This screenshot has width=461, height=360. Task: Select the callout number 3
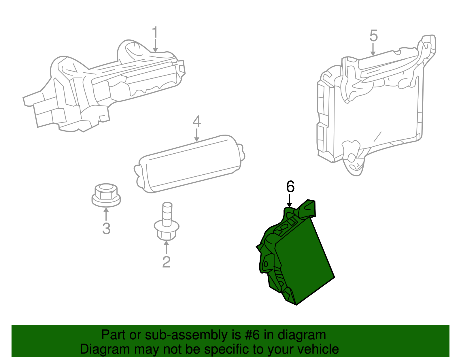[x=106, y=229]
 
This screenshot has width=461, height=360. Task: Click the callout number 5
[x=373, y=36]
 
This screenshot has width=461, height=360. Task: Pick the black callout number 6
[x=290, y=187]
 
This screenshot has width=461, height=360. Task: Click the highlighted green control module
[x=303, y=259]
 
